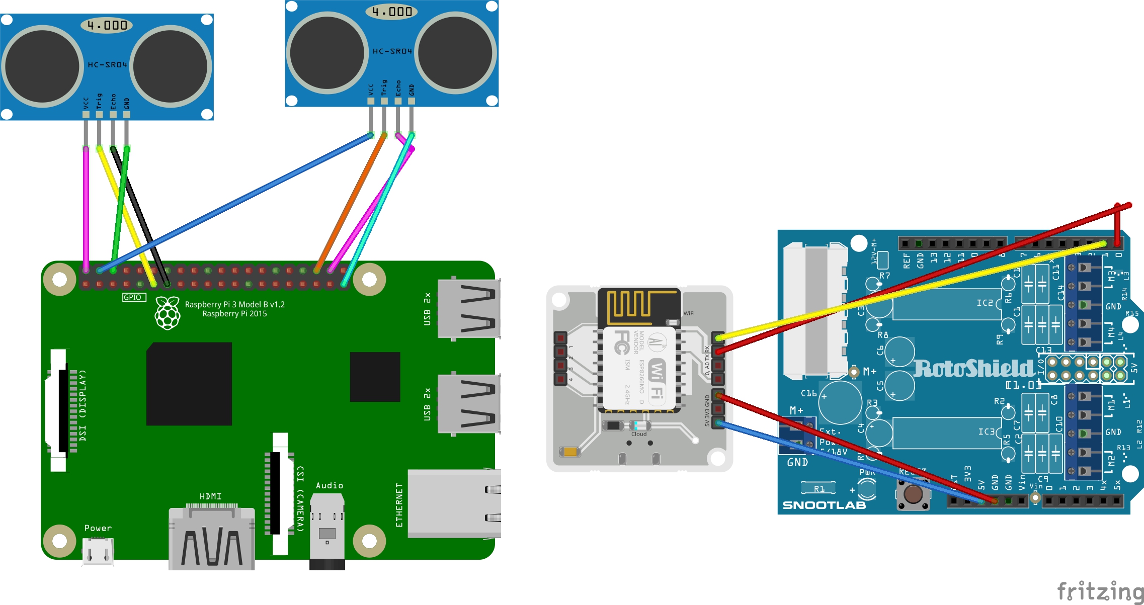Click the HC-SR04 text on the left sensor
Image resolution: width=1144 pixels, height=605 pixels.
(107, 65)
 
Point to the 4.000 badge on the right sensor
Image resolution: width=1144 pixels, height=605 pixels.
(391, 12)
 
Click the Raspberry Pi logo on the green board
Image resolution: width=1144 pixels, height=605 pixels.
(168, 313)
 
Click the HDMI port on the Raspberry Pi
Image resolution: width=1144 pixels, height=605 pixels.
(211, 538)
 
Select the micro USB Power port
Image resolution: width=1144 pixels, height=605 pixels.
(98, 551)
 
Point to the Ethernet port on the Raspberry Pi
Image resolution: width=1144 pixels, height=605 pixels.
(453, 503)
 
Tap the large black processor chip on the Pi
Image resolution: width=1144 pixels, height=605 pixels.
(189, 384)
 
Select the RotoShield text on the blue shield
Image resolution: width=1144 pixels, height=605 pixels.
(973, 369)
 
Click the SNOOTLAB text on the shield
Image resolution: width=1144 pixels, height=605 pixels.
(824, 505)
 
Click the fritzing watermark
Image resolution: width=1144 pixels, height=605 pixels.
(1100, 591)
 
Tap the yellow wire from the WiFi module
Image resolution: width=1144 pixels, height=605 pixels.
(906, 292)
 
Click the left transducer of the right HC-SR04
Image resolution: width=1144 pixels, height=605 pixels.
(328, 53)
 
